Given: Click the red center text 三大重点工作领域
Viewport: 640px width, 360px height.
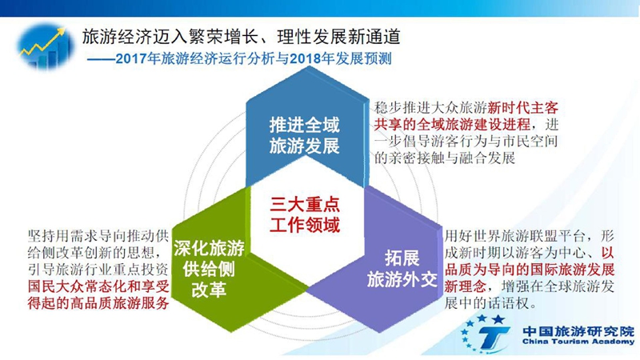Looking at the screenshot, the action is point(305,214).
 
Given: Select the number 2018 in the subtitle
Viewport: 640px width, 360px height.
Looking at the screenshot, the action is point(305,58).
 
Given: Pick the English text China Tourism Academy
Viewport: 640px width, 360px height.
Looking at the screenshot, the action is point(578,342).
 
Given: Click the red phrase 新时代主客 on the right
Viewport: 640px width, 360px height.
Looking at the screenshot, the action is point(523,108).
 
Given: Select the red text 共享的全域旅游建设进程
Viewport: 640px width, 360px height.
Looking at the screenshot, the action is point(452,124).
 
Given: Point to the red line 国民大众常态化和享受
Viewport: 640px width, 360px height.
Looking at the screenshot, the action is point(98,286).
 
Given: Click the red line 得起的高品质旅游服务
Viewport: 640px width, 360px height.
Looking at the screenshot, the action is point(98,303).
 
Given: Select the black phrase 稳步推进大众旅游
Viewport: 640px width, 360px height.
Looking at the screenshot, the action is point(430,108).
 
